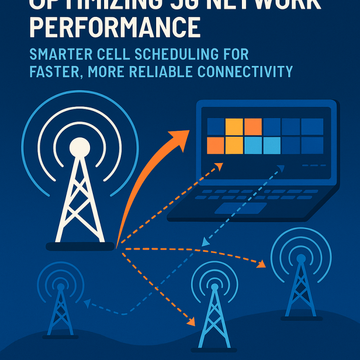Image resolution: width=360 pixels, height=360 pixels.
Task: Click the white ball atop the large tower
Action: coord(79,148)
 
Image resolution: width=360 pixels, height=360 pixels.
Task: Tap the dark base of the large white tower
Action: coord(80,246)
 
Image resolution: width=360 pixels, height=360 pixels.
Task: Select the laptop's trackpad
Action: coord(240,208)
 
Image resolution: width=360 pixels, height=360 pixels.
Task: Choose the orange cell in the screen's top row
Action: coord(253,127)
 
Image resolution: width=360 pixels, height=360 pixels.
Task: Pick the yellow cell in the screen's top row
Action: coord(234,127)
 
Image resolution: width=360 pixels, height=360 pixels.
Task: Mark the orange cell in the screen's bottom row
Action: coord(215,145)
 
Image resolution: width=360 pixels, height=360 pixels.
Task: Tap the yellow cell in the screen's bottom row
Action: coord(234,145)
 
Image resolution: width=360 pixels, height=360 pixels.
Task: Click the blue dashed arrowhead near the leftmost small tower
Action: coord(87,304)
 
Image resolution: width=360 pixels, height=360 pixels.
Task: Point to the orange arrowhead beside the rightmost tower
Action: coord(261,265)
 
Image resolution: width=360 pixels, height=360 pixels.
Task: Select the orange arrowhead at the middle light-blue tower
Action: coord(190,322)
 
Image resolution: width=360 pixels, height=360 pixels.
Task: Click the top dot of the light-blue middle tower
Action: coord(214,287)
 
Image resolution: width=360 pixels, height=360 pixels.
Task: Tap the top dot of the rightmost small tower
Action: coord(301,258)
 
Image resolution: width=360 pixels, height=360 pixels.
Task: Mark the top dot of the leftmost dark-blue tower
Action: coord(60,286)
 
